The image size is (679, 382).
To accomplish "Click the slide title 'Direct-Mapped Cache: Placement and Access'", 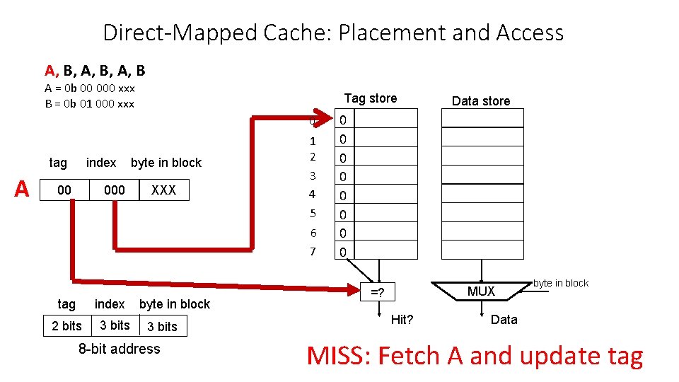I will coord(333,33).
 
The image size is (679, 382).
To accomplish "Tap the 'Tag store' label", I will coord(371,98).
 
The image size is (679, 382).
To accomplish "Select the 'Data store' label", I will coord(481,101).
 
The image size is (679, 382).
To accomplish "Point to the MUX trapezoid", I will coord(482,291).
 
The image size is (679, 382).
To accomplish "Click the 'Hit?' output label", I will coord(402,320).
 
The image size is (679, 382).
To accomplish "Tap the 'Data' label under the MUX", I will coord(504,320).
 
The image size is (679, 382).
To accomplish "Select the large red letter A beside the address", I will coord(22,189).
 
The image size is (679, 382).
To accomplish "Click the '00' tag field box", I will coord(64,190).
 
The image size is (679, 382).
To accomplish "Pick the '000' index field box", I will coord(114,190).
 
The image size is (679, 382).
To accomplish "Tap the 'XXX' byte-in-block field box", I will coord(163,190).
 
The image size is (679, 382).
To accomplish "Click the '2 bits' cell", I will coord(67,326).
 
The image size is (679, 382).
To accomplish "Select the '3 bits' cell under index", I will coord(115,325).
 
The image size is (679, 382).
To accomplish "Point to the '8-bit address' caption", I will coord(119,349).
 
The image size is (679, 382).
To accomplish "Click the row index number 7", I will coord(312,252).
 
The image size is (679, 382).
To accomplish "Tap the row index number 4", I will coord(312,194).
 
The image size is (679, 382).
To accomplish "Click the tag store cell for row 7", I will coord(343,252).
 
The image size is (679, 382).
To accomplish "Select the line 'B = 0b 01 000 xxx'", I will coord(89,104).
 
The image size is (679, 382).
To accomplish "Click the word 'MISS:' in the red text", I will coord(339,356).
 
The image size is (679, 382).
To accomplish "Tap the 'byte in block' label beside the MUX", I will coord(561,283).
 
